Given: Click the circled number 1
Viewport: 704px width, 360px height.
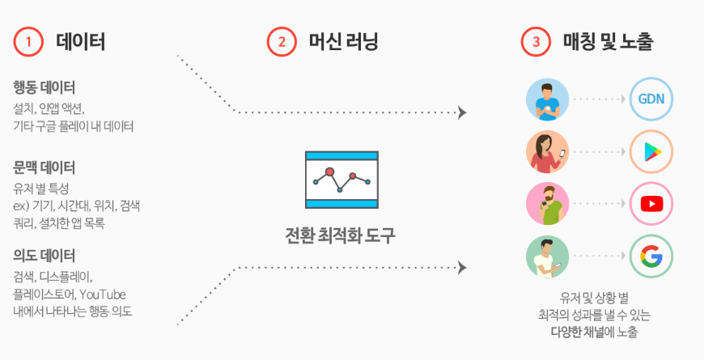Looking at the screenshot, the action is [28, 42].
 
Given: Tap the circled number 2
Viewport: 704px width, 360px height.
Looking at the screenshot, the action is [282, 42].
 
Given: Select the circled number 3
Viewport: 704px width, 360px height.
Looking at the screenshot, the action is [536, 42].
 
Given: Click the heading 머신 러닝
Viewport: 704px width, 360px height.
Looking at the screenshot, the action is [343, 41].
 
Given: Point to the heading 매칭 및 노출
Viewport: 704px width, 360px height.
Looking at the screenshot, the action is [608, 41].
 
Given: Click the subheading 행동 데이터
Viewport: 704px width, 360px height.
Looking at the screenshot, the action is [44, 87].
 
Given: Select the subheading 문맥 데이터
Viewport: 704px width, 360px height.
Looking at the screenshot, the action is [44, 167].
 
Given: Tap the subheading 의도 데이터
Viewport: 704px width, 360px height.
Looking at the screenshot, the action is [44, 256].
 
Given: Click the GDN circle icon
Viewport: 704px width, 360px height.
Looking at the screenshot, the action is [651, 100].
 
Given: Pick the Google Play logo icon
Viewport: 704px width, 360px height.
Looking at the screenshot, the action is [651, 152].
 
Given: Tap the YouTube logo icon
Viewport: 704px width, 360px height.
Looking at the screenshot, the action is [651, 204].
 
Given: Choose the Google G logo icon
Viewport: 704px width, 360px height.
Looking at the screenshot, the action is [651, 256].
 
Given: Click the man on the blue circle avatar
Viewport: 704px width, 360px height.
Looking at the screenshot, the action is [547, 100].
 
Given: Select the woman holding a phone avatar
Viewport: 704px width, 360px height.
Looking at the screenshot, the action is [547, 152].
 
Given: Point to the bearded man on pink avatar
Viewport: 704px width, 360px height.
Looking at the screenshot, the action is [547, 204].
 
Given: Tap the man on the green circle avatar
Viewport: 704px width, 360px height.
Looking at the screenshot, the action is [547, 256].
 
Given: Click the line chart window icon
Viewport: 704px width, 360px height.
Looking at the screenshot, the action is [341, 180].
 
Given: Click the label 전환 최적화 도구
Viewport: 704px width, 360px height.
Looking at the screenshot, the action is [341, 235].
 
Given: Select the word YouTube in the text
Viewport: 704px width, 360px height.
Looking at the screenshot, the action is [103, 294].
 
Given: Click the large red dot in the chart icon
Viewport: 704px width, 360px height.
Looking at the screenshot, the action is [330, 172].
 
